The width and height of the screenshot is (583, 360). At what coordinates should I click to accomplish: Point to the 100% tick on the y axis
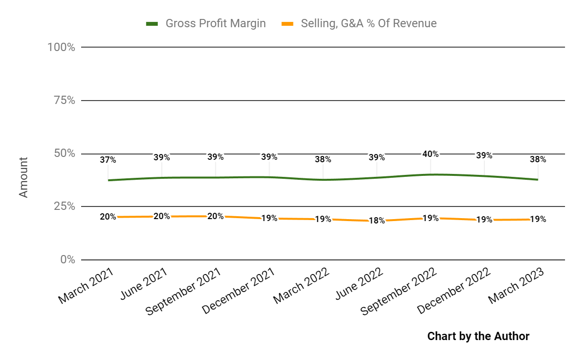[61, 47]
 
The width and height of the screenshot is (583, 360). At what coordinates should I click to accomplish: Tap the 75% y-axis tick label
[64, 101]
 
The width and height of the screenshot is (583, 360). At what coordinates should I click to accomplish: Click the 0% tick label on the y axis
[67, 259]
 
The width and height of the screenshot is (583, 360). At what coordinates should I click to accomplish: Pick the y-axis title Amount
[23, 177]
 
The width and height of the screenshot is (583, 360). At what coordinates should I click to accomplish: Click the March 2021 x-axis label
[86, 286]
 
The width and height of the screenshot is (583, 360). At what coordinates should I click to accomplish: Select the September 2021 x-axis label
[184, 291]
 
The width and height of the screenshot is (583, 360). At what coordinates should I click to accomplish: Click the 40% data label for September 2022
[430, 154]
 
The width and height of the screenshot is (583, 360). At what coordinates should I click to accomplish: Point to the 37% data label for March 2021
[108, 159]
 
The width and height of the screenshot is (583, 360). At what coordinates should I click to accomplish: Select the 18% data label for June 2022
[377, 221]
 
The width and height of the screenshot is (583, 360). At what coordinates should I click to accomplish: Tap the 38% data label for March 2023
[538, 159]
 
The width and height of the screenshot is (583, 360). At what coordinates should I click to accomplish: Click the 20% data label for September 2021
[215, 216]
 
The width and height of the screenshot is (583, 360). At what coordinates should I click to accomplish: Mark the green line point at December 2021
[269, 177]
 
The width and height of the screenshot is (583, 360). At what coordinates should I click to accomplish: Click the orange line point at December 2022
[484, 220]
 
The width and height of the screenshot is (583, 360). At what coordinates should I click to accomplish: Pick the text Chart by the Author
[478, 336]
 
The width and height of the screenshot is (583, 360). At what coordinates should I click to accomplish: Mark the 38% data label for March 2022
[323, 159]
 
